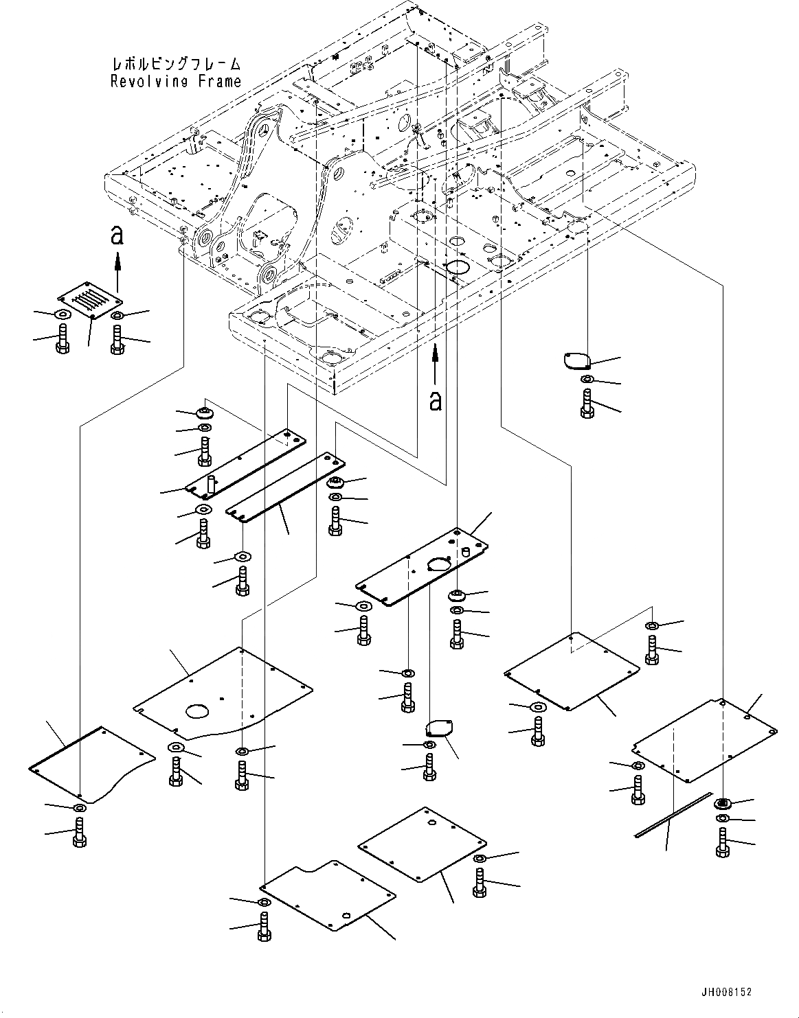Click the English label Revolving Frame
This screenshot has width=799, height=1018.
[x=176, y=81]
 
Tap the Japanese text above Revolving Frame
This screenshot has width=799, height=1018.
[x=176, y=65]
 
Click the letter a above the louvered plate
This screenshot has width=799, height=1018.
[x=117, y=236]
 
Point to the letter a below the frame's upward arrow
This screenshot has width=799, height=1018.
[x=435, y=400]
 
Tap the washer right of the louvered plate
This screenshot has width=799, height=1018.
[x=117, y=316]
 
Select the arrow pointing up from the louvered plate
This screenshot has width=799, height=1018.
[x=117, y=265]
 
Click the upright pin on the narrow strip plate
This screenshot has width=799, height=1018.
[x=211, y=484]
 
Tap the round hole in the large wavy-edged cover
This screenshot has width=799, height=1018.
[x=199, y=711]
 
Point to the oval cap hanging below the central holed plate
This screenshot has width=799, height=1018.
[x=439, y=729]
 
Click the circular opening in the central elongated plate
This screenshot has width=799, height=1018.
[x=439, y=564]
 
